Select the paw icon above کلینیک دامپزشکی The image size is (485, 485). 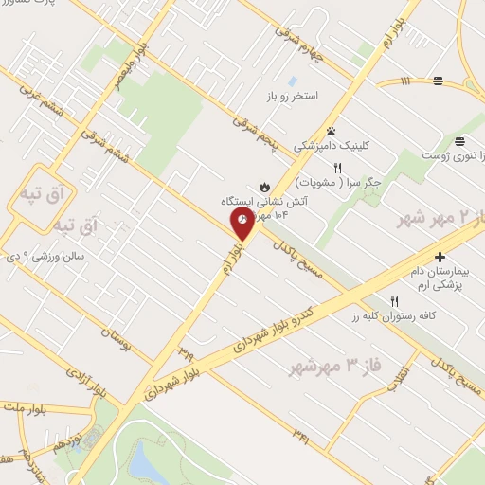331,131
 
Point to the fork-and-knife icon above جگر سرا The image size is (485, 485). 324,167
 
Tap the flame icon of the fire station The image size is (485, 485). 263,186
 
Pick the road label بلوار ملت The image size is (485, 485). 27,409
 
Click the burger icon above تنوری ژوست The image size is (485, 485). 459,139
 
